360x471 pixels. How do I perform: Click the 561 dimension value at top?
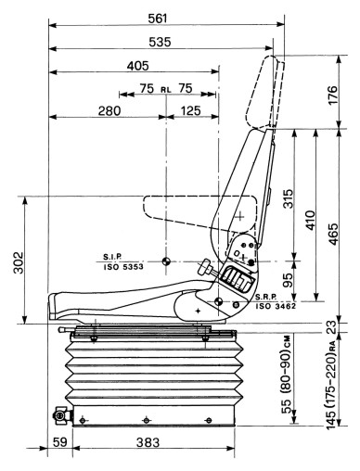157,19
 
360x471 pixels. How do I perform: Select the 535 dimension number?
160,42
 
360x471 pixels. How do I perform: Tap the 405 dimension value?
137,66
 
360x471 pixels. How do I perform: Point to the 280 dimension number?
109,110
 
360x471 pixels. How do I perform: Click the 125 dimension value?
190,110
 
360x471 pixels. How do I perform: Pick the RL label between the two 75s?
166,90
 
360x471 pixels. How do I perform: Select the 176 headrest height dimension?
332,95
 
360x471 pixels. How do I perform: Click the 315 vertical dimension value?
288,198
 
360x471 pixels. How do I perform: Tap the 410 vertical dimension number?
310,220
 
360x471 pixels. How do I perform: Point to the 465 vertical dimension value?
333,234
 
